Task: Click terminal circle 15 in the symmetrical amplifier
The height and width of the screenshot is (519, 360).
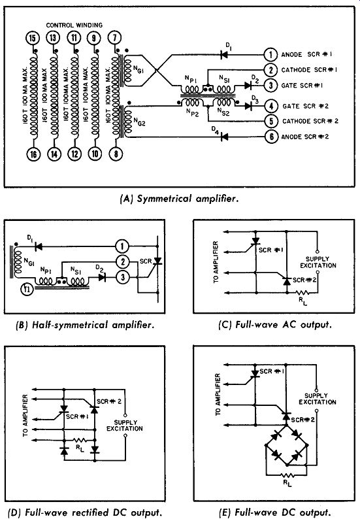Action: point(32,38)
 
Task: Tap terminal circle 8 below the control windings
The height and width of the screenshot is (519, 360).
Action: point(116,154)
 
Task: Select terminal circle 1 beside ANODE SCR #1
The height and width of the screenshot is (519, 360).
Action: point(270,55)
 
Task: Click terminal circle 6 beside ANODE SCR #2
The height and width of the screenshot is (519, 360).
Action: point(271,137)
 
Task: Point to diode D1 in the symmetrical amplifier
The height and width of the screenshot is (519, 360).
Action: point(224,54)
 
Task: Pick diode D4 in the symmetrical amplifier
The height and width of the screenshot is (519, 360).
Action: point(224,137)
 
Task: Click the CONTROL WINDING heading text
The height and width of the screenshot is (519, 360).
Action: point(74,25)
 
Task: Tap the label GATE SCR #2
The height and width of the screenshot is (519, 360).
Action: point(305,107)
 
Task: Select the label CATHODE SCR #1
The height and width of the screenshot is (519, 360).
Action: point(310,70)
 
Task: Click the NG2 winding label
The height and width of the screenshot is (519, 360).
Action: point(139,122)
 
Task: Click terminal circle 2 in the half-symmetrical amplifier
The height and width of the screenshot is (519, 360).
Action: point(122,262)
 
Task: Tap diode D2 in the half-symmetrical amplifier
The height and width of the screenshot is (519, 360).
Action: point(102,277)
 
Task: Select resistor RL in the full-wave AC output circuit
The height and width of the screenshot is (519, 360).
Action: point(301,293)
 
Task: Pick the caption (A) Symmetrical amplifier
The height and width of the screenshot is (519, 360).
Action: point(179,199)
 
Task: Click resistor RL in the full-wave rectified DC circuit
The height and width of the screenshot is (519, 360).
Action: point(80,440)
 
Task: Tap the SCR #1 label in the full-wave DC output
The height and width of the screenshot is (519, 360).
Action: point(272,371)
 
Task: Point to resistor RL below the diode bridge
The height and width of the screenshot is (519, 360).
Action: point(287,475)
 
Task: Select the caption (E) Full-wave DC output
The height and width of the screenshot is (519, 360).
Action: point(275,512)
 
